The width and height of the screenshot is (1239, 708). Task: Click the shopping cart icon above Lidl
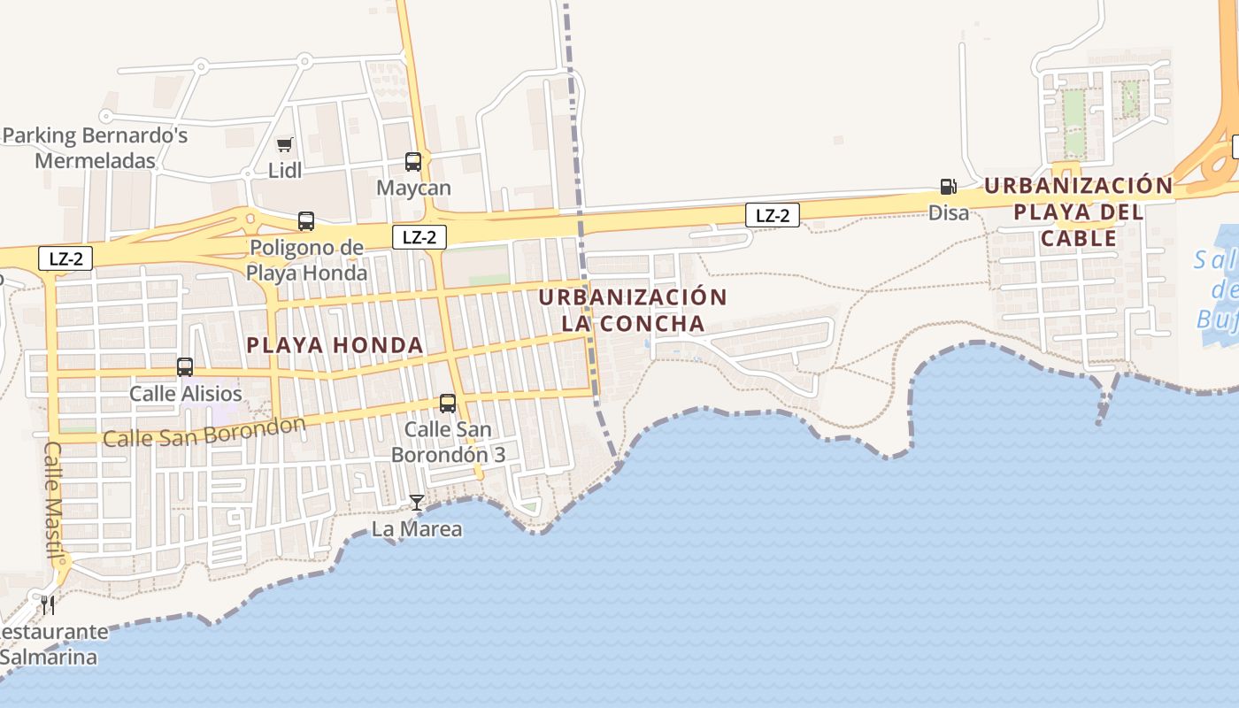click(x=284, y=144)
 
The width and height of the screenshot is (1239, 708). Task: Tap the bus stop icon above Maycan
click(x=413, y=162)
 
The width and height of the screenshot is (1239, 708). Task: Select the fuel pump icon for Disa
click(x=948, y=187)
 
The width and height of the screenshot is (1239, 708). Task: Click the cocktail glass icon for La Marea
click(x=416, y=503)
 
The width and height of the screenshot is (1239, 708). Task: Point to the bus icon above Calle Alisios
click(x=185, y=367)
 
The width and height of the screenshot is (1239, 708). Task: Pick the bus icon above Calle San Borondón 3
click(x=448, y=404)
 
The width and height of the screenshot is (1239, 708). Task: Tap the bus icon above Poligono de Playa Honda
click(x=306, y=221)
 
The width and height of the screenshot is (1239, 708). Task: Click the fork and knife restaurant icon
click(x=48, y=605)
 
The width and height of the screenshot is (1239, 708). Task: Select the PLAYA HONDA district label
click(x=335, y=345)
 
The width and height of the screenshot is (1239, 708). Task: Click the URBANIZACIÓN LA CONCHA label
click(x=633, y=310)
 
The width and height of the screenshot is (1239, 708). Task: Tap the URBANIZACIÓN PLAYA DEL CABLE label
click(x=1078, y=212)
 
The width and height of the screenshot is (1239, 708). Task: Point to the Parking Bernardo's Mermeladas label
click(x=96, y=149)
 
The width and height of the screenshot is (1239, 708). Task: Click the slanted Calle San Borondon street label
click(x=204, y=432)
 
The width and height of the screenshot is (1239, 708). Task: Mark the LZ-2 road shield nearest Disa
click(x=772, y=215)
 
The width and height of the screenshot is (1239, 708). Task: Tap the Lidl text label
click(x=285, y=170)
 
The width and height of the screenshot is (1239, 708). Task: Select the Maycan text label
click(x=413, y=189)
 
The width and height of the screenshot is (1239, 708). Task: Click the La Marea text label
click(x=416, y=529)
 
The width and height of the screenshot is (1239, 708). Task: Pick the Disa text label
click(x=948, y=212)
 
